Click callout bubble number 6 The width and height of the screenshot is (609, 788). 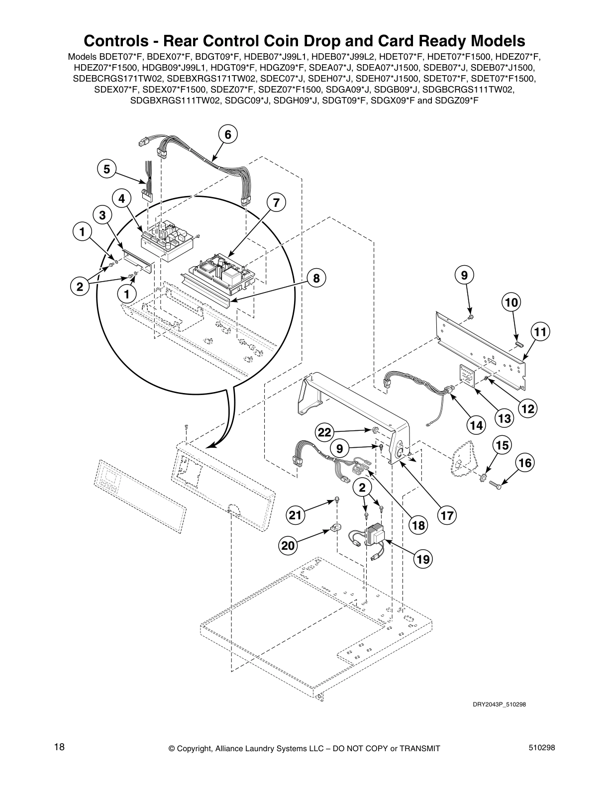[228, 134]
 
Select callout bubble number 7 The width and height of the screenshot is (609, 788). [276, 202]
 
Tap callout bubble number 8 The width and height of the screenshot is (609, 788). [316, 278]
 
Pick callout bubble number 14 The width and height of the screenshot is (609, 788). [476, 425]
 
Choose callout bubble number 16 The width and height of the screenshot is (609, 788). [525, 463]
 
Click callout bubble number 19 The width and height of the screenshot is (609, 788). [423, 559]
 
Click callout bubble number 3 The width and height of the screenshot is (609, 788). [102, 215]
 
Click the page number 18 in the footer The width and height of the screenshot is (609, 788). [60, 747]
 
